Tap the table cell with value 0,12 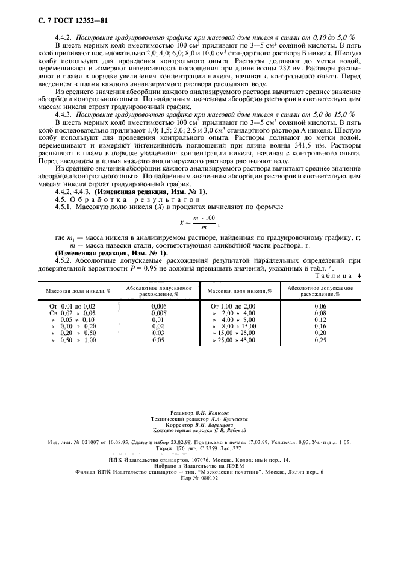coord(320,320)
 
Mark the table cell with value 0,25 coord(320,340)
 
